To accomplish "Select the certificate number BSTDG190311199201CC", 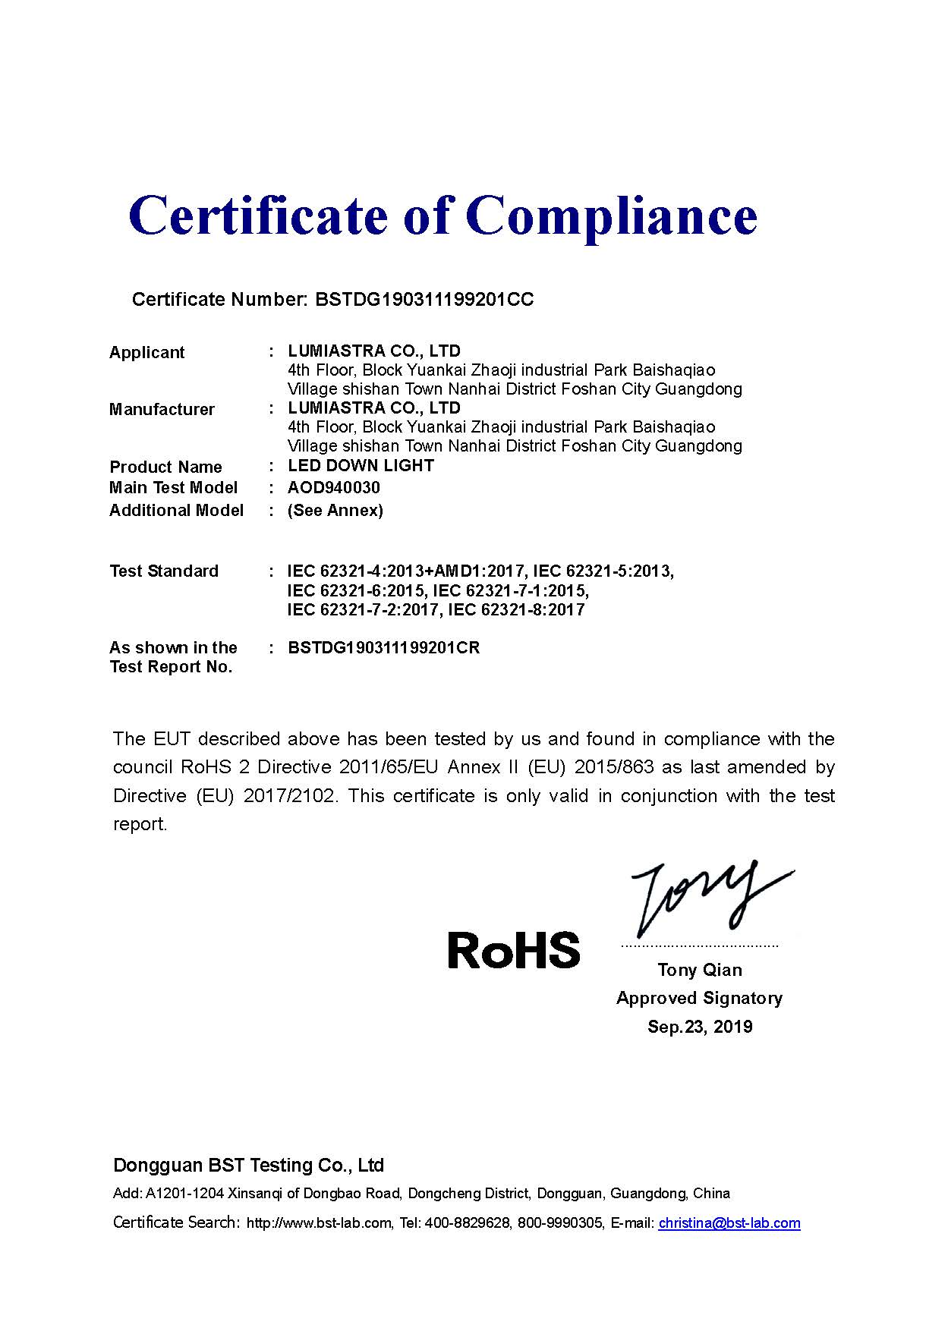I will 424,300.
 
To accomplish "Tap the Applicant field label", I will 147,353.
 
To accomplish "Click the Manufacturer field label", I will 162,410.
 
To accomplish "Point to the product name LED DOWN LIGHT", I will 361,466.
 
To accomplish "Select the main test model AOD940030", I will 334,487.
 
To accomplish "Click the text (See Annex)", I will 335,510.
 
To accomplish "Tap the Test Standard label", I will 164,571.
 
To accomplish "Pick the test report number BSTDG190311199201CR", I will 384,648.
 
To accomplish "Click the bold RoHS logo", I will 514,950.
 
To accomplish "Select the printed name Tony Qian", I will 700,970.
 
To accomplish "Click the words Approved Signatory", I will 699,998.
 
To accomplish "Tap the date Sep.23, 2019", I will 700,1027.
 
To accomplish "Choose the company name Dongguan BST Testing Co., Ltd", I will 248,1165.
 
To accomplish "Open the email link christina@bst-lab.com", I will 729,1222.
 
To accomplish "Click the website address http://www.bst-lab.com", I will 319,1223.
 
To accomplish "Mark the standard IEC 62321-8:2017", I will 516,610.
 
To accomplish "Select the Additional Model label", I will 177,510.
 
